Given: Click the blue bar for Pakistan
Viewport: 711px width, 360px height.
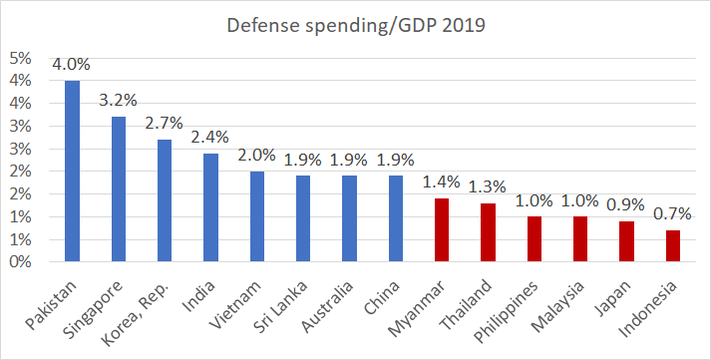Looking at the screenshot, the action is tap(72, 171).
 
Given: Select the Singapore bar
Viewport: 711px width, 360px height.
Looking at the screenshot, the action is tap(119, 189).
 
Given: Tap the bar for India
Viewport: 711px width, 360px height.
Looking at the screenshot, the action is tap(210, 207).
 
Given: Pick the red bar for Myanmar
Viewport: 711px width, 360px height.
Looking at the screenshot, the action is tap(442, 230).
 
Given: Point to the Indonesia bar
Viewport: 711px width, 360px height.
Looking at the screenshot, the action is tap(673, 245).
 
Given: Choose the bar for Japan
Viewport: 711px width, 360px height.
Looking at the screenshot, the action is tap(626, 241).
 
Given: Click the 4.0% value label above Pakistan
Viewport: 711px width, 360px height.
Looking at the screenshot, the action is tap(71, 65).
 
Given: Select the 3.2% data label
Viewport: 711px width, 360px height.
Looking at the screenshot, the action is tap(118, 100).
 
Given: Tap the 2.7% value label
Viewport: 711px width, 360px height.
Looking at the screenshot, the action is tap(165, 123).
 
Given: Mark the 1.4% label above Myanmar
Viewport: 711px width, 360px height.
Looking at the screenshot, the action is tap(441, 181).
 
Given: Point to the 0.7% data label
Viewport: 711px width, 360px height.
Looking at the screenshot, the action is tap(672, 213).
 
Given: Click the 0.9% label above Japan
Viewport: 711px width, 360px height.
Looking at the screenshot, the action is tap(626, 204).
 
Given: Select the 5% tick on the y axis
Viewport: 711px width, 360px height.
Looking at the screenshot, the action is tap(20, 59).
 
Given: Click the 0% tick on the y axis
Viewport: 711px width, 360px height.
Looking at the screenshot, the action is tap(20, 262).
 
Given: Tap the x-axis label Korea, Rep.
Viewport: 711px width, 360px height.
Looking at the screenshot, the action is tap(136, 314).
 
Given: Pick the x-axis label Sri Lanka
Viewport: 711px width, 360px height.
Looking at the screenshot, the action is tap(281, 307).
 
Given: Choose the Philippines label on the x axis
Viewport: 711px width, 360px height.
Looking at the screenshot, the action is tap(506, 312).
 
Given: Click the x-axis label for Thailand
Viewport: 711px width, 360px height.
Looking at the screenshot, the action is tap(466, 305).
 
